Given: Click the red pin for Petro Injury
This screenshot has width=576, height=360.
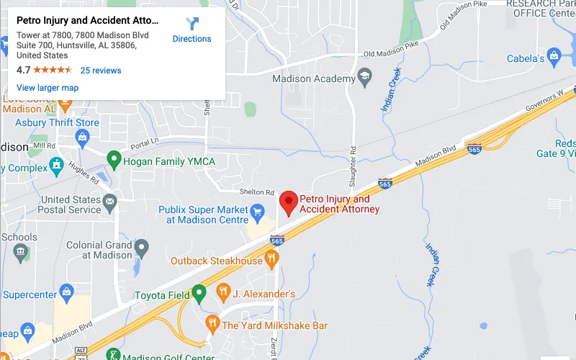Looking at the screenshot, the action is coord(289,202).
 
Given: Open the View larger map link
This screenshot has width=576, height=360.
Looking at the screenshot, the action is coord(48,88).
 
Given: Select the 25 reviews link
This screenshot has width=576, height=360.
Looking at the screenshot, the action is coord(101,71).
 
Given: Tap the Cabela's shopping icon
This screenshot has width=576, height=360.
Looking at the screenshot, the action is coord(554,55).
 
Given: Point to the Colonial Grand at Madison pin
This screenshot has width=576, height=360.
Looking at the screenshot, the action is coord(142,249).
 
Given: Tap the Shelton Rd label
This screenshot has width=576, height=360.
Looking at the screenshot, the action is coord(257,192).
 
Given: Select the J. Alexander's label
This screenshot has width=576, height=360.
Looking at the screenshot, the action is coord(264,294).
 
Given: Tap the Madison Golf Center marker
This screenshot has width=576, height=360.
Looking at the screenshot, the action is coord(112,354).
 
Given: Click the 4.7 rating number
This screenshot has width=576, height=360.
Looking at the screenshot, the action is coord(24,71).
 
